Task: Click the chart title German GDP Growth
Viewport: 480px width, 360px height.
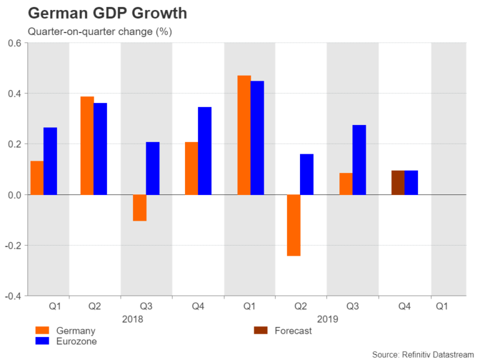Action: pyautogui.click(x=98, y=12)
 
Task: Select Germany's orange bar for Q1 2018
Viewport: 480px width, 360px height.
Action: pyautogui.click(x=37, y=178)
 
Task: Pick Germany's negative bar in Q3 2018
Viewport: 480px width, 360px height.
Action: pyautogui.click(x=139, y=207)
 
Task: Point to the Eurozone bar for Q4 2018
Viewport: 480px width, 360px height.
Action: pyautogui.click(x=204, y=151)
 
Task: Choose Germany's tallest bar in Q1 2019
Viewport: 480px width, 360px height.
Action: pyautogui.click(x=244, y=135)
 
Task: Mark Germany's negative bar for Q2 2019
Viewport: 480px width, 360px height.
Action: pyautogui.click(x=294, y=225)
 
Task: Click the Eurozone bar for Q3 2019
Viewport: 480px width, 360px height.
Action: pyautogui.click(x=359, y=159)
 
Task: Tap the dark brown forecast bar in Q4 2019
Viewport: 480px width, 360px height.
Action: pyautogui.click(x=397, y=182)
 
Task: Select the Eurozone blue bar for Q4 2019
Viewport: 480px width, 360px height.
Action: pyautogui.click(x=411, y=182)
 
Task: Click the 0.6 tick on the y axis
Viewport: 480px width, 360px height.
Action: pyautogui.click(x=14, y=43)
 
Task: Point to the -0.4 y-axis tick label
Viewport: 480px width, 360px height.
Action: pyautogui.click(x=13, y=296)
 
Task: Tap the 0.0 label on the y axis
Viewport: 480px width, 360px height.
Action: pyautogui.click(x=14, y=195)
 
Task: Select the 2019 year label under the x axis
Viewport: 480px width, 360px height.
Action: pyautogui.click(x=327, y=319)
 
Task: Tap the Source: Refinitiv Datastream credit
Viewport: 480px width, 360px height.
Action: pyautogui.click(x=423, y=354)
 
